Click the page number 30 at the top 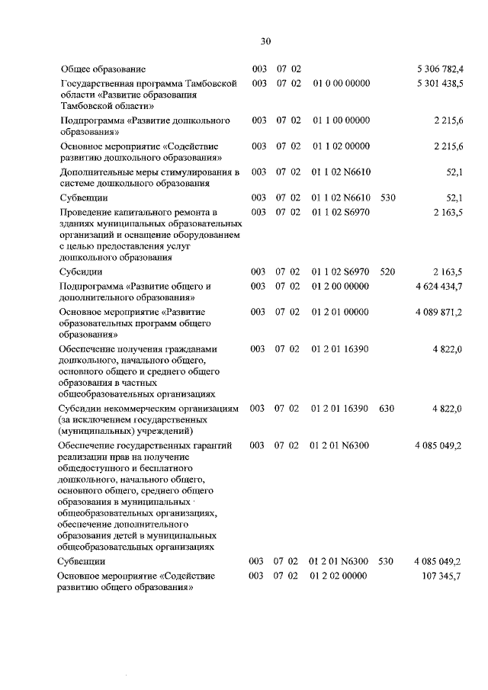click(265, 41)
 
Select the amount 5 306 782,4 click(439, 69)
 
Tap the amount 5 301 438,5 click(439, 82)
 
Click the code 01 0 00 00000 click(341, 82)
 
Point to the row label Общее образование click(108, 69)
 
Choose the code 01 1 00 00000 click(341, 120)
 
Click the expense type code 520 click(387, 271)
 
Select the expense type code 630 click(387, 409)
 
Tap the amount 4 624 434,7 click(438, 285)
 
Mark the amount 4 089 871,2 click(438, 312)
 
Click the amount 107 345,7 click(441, 575)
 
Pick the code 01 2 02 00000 click(341, 575)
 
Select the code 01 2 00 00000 click(341, 285)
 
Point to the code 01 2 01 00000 click(341, 312)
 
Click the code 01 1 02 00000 click(341, 146)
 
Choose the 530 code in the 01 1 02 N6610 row click(387, 197)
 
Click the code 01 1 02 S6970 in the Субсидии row click(341, 271)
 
